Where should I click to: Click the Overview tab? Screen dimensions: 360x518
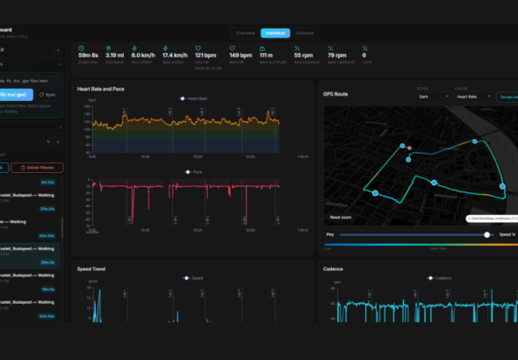[246, 32]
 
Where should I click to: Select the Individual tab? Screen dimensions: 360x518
[276, 32]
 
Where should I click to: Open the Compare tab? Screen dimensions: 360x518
[305, 32]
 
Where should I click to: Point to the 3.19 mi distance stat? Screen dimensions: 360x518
[115, 55]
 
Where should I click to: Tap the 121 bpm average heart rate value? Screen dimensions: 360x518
[205, 55]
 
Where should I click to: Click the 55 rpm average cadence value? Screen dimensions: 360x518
[304, 55]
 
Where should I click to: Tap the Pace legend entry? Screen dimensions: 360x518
[195, 172]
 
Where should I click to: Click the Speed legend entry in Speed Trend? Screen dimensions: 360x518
[193, 277]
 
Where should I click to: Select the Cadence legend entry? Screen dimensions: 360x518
[439, 277]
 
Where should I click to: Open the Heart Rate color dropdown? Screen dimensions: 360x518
[467, 96]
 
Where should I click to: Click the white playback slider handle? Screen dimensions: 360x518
[486, 234]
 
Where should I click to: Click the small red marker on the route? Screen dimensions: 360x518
[409, 148]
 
